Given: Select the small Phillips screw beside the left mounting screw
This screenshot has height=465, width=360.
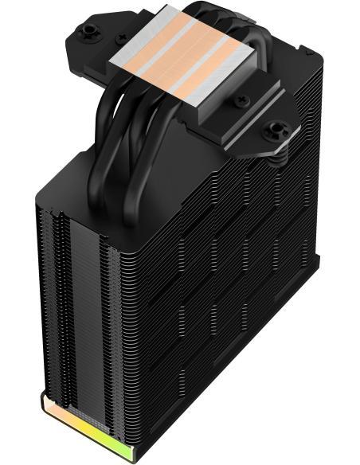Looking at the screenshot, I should [x=121, y=38].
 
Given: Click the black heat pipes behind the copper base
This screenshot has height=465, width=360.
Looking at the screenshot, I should [x=231, y=24].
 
